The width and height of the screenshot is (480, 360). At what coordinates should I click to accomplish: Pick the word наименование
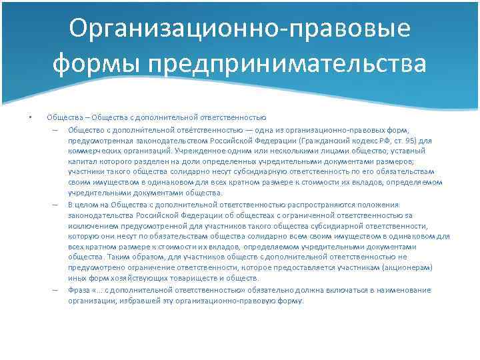pos(401,290)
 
